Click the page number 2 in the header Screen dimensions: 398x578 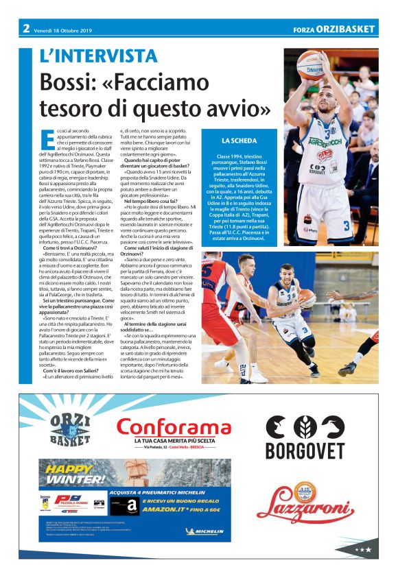click(25, 28)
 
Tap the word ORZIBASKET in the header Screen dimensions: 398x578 click(349, 29)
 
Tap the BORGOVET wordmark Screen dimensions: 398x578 click(305, 450)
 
